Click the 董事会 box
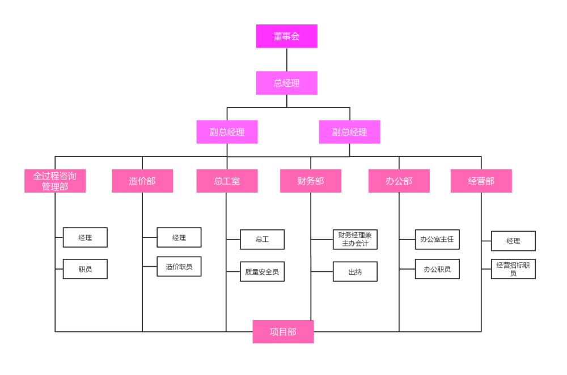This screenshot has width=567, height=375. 286,36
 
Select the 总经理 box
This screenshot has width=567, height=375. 286,83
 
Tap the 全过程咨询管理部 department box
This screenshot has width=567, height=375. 55,181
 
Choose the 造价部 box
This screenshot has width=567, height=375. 142,181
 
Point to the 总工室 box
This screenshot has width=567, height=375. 227,181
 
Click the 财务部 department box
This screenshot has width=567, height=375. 310,181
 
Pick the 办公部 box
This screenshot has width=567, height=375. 399,181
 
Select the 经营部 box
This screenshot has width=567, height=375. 481,181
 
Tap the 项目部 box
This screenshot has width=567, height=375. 283,331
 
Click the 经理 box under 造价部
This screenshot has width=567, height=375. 179,237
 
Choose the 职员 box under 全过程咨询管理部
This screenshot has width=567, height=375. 85,269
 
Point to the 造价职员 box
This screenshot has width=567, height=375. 179,266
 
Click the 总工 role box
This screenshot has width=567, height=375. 262,240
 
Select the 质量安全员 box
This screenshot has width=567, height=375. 262,271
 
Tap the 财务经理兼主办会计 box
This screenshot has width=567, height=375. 355,240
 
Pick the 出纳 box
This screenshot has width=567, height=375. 355,271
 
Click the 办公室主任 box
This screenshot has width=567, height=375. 437,239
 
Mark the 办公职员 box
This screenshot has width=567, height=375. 437,269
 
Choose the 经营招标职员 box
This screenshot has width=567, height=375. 513,269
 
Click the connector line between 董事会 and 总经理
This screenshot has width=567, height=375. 286,59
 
